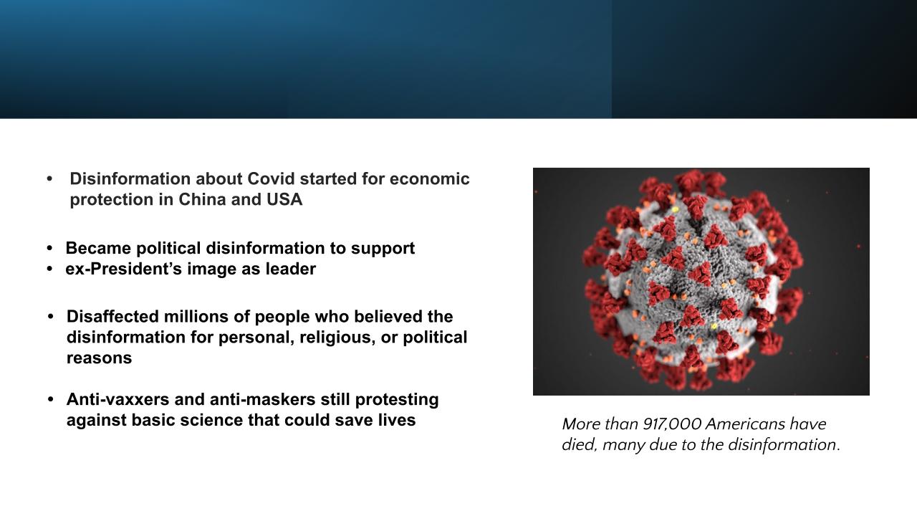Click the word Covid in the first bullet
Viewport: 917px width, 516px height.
coord(271,179)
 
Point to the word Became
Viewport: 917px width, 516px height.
coord(98,248)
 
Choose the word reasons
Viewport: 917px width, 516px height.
coord(99,358)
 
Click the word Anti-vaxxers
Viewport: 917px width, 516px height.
coord(118,399)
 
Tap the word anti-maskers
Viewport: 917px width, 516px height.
coord(262,399)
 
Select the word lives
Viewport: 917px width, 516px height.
coord(397,420)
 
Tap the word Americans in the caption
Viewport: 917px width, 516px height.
coord(745,424)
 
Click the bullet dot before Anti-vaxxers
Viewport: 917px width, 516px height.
coord(50,399)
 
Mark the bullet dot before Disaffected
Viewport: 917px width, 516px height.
coord(50,317)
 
